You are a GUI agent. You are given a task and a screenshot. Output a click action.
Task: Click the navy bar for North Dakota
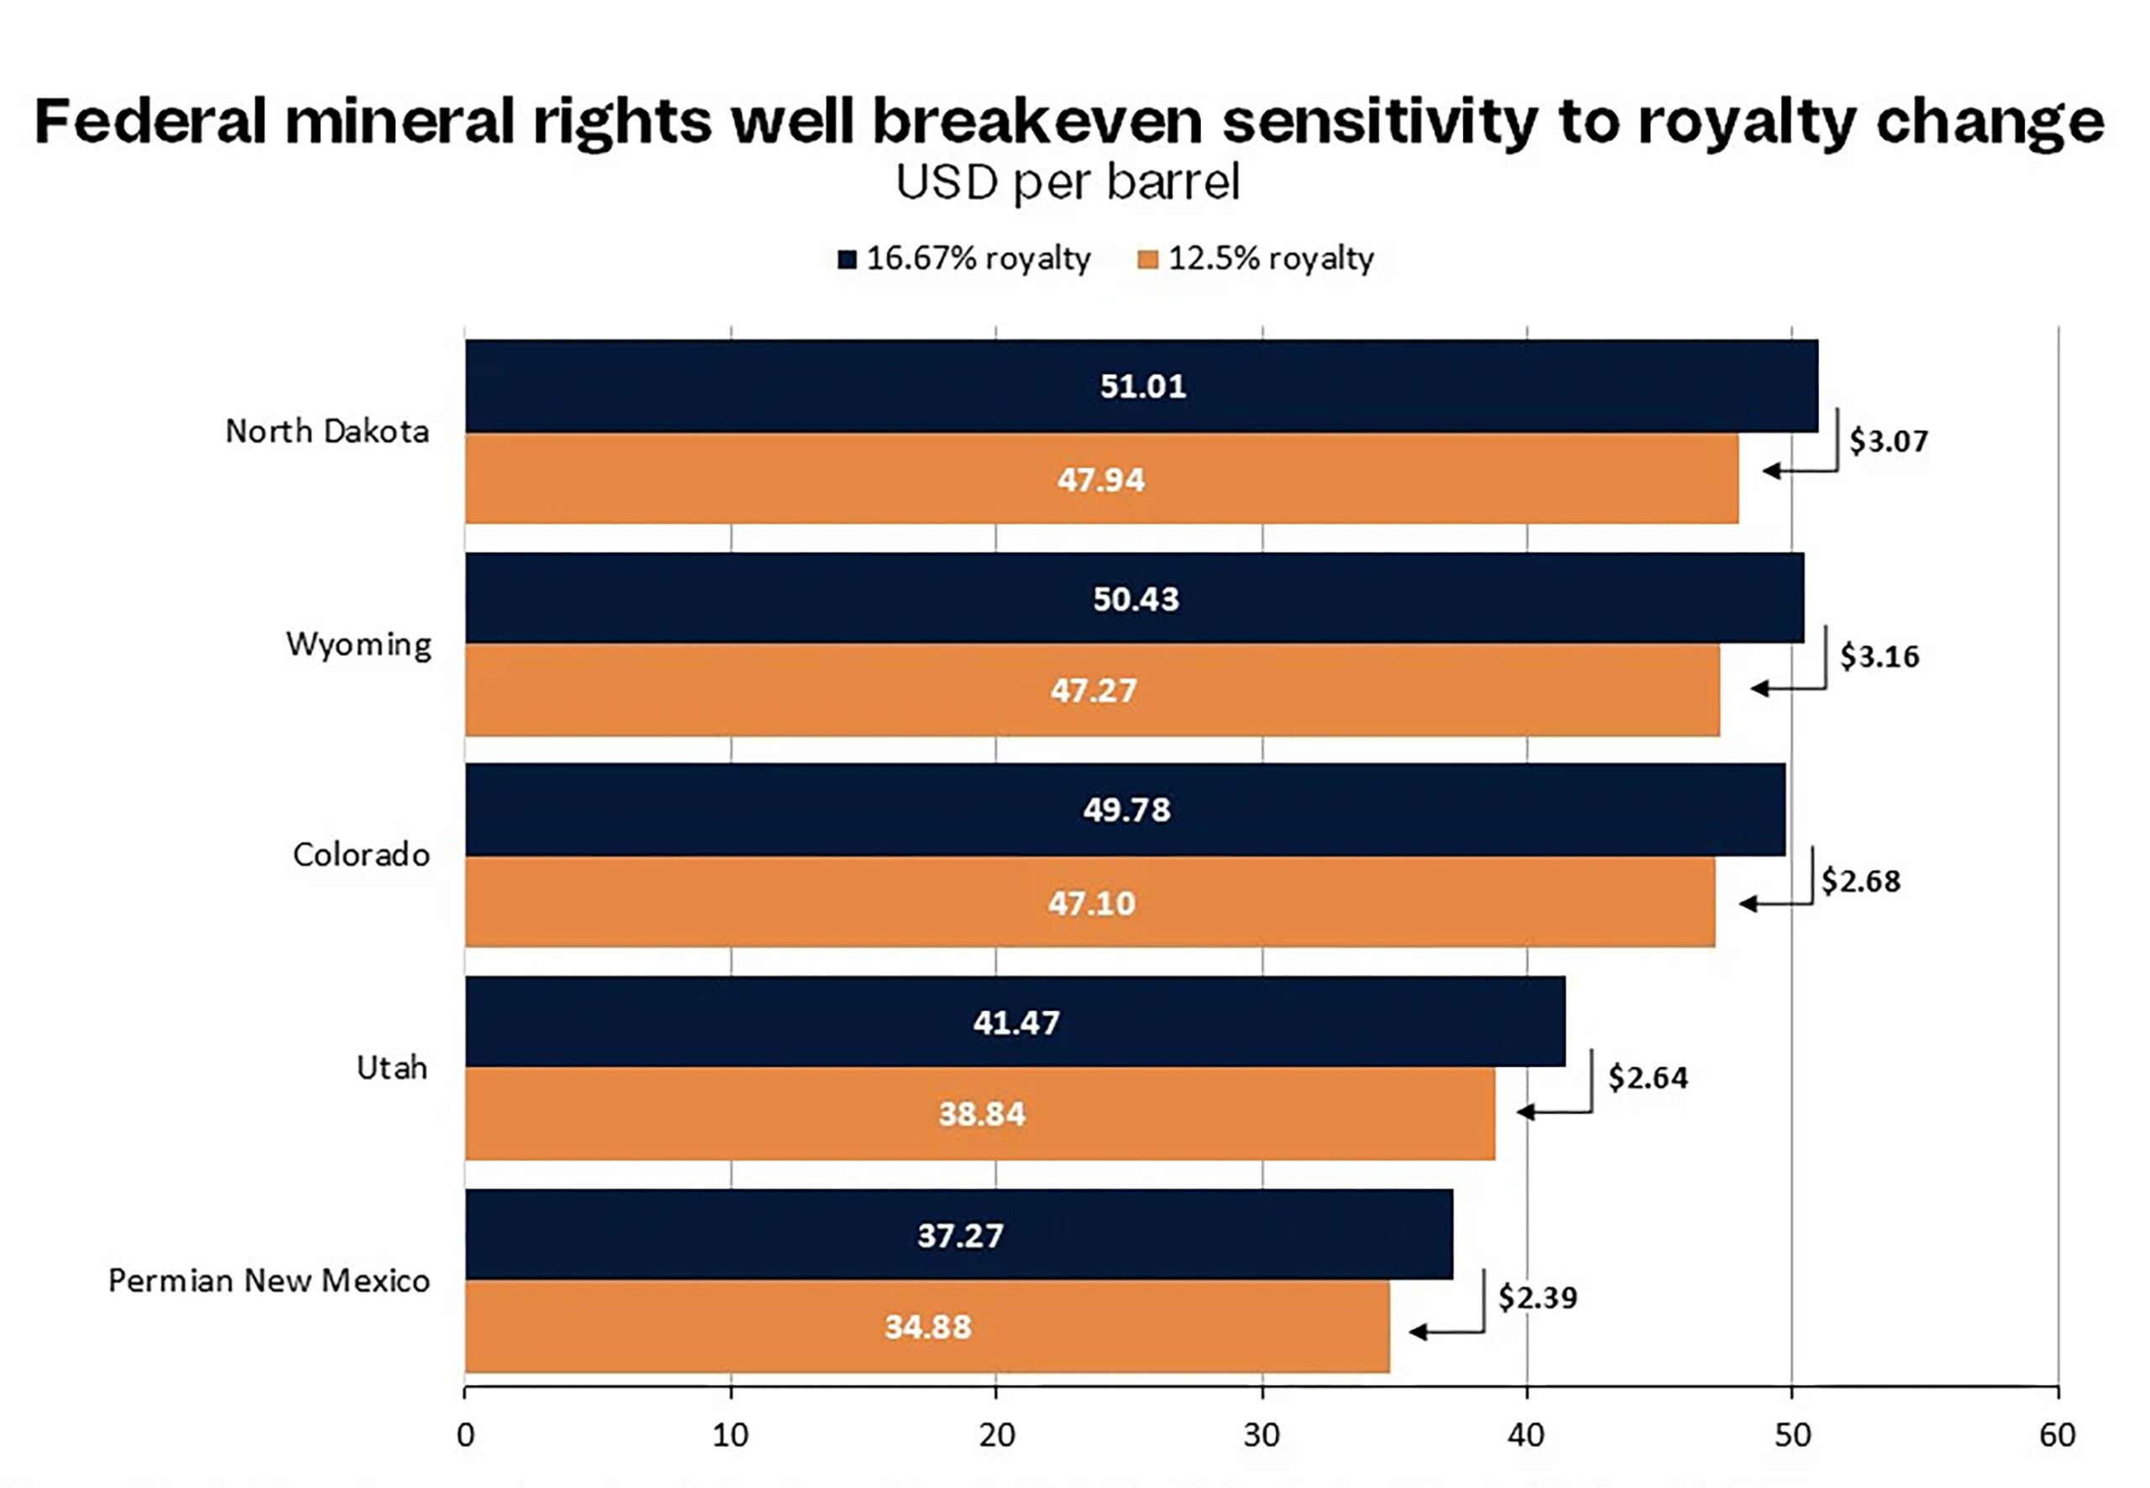[1141, 386]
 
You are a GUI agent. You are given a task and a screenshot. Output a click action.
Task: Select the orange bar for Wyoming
[1093, 691]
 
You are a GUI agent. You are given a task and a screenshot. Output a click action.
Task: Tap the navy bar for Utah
[1015, 1022]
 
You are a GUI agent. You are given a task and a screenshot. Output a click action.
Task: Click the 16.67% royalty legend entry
[964, 259]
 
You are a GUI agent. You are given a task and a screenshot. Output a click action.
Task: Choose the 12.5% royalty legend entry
[1256, 259]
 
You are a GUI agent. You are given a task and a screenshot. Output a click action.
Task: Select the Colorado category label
[361, 855]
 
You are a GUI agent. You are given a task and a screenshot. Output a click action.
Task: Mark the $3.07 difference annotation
[1888, 441]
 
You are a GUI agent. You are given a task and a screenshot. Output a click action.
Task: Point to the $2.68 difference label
[1860, 881]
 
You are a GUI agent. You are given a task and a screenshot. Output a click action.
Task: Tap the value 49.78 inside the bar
[1126, 809]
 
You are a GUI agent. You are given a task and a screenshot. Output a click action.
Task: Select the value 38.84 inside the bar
[982, 1114]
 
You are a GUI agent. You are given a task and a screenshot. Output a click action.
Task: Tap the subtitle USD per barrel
[1067, 183]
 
